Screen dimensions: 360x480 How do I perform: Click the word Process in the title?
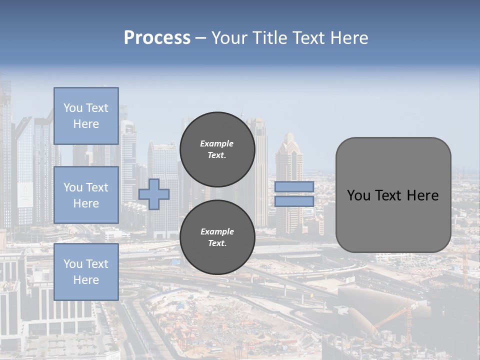(157, 37)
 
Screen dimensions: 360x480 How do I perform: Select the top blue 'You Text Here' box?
(86, 116)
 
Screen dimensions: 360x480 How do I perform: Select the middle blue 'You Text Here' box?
(86, 195)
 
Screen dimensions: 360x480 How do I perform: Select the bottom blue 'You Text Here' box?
(86, 271)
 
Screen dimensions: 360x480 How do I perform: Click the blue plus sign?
(154, 194)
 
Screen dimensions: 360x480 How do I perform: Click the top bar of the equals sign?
(294, 186)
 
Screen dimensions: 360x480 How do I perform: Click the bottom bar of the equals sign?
(294, 201)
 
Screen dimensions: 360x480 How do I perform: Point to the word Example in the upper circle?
(216, 143)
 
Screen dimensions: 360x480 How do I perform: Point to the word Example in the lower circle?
(216, 231)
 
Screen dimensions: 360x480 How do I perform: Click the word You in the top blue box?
(73, 108)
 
